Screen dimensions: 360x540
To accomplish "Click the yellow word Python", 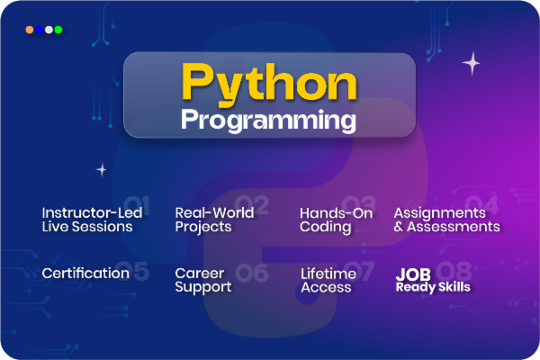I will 269,83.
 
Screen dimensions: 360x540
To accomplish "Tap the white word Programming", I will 268,119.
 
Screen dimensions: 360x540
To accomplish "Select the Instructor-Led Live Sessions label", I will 87,220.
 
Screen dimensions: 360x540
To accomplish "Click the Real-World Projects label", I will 214,220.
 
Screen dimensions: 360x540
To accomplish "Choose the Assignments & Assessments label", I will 446,220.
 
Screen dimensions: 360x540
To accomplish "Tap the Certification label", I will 85,273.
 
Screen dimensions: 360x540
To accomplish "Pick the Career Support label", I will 203,280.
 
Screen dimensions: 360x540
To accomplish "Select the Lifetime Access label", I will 328,280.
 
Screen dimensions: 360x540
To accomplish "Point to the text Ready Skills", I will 433,288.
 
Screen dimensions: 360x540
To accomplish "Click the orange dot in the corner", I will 30,30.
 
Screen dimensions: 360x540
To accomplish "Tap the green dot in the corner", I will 58,30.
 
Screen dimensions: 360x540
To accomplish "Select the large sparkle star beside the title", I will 471,63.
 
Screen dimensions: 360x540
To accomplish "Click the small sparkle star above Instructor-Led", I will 102,169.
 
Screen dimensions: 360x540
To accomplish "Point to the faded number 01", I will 137,203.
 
